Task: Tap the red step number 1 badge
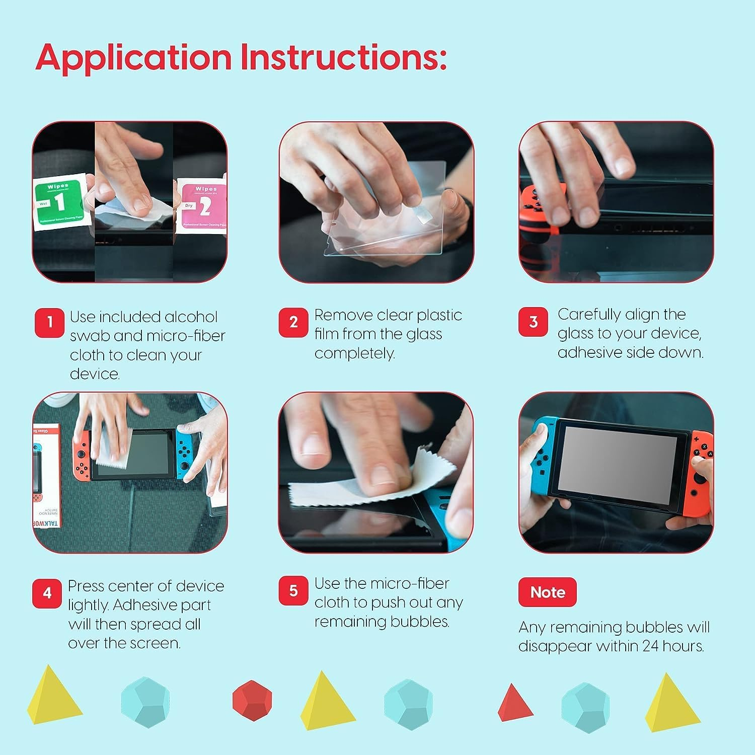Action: click(49, 323)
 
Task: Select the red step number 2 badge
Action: click(293, 323)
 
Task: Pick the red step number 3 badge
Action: click(533, 322)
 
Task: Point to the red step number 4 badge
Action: click(47, 593)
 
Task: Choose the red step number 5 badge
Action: click(293, 591)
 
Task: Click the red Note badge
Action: click(547, 592)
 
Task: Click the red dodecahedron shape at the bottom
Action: click(252, 700)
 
